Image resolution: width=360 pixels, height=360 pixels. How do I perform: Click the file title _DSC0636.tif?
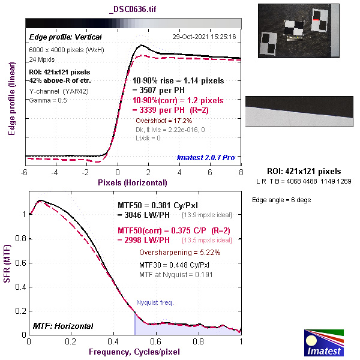133,10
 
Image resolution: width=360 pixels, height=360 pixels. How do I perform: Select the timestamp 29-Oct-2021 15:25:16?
205,37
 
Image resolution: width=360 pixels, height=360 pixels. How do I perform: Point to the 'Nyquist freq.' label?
155,302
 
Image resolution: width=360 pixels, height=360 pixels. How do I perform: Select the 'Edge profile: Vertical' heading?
57,37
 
